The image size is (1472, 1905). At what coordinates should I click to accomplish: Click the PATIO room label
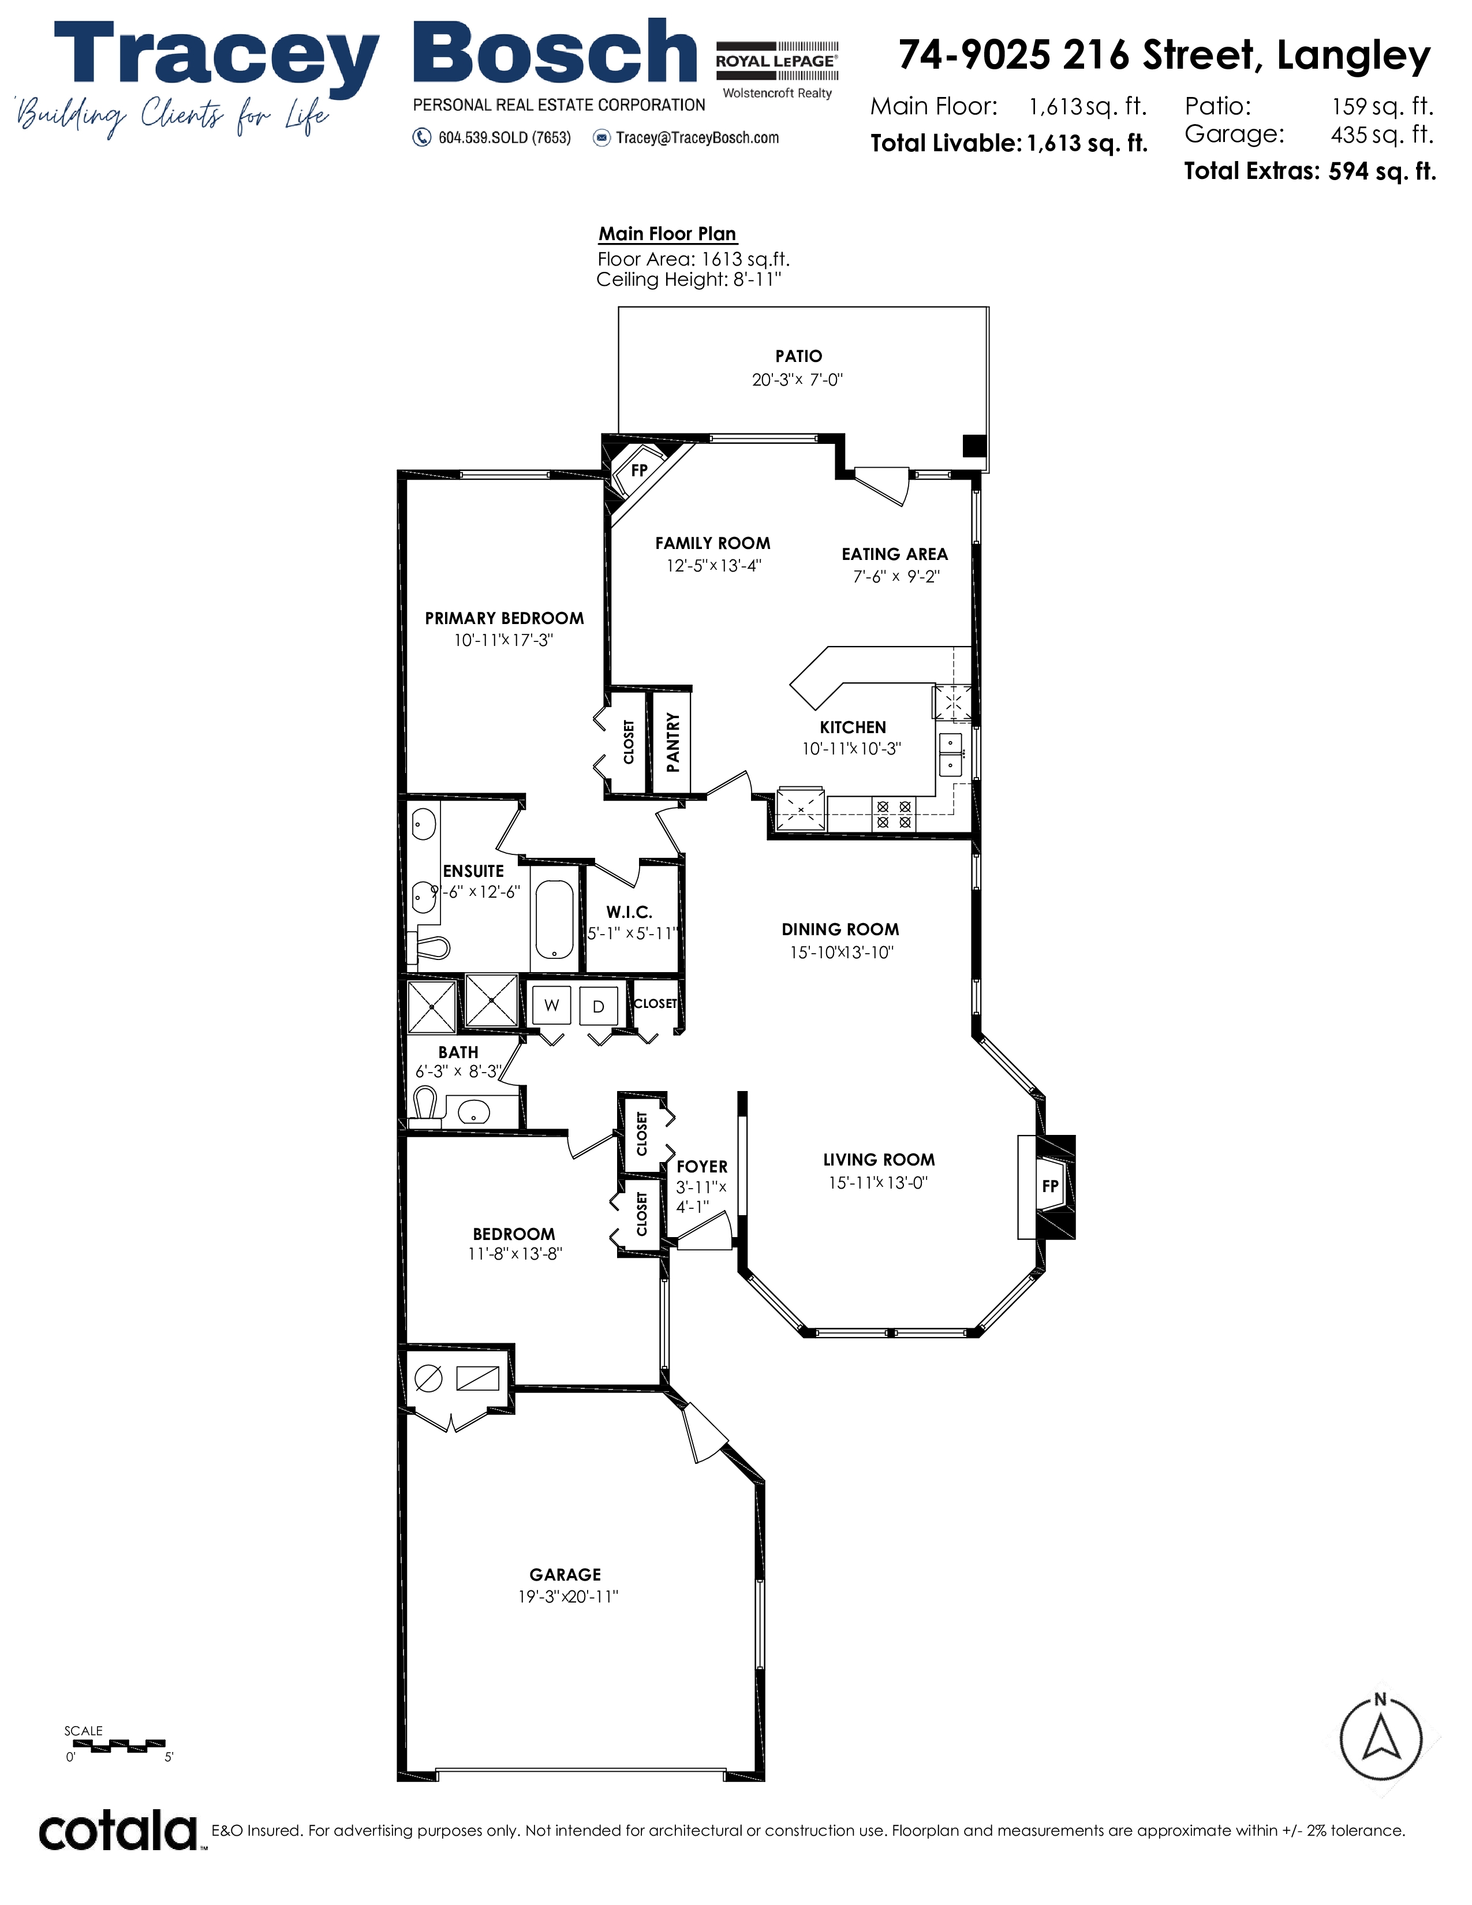[x=798, y=356]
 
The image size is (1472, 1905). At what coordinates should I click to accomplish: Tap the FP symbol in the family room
[x=639, y=470]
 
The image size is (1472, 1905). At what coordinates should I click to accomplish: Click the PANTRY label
[x=673, y=742]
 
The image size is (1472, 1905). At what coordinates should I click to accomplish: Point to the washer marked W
[x=551, y=1005]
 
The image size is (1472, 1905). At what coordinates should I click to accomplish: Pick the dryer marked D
[x=598, y=1006]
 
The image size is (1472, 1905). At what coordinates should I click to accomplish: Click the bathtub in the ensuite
[x=554, y=918]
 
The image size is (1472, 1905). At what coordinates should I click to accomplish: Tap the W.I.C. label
[x=629, y=912]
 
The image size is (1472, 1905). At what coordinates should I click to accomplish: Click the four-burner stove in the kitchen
[x=893, y=814]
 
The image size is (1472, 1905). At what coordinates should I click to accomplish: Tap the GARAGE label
[x=565, y=1574]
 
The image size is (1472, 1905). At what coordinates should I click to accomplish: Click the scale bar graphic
[x=117, y=1745]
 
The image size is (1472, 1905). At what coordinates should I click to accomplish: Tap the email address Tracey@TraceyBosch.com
[x=697, y=138]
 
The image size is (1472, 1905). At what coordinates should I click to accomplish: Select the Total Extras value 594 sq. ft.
[x=1382, y=171]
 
